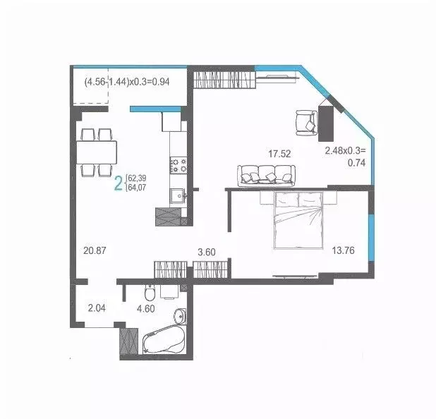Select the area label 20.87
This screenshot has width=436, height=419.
[95, 250]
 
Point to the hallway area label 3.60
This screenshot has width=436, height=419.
[206, 250]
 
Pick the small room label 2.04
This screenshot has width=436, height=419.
[97, 307]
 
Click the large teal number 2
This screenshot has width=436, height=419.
[119, 185]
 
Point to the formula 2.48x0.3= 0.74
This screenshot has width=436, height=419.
[345, 156]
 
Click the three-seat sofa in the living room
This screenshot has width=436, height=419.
[265, 174]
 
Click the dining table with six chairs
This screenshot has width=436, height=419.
[97, 152]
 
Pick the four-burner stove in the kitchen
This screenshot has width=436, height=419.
[177, 165]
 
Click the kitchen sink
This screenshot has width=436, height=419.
[176, 195]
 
